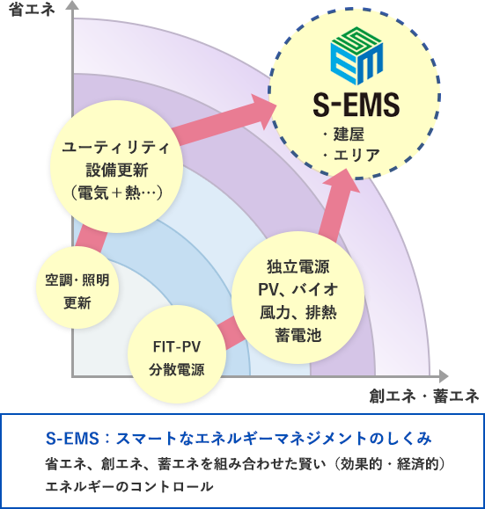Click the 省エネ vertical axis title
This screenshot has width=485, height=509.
[32, 10]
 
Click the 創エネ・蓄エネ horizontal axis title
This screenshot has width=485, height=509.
[424, 396]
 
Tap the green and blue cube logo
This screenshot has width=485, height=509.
[356, 55]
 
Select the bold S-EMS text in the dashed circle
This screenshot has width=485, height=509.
[356, 105]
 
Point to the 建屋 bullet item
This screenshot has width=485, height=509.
[344, 135]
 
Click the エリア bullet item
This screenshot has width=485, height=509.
[352, 155]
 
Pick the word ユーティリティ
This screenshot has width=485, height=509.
[116, 148]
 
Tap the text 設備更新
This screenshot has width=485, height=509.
[117, 170]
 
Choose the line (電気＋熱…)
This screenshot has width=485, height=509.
[116, 193]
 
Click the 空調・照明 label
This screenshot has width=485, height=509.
[77, 280]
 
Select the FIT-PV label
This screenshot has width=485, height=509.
[177, 347]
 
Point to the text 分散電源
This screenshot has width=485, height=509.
[177, 370]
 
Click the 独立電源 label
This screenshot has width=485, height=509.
[298, 267]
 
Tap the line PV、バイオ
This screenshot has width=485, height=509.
[298, 289]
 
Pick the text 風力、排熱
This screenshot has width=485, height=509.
[298, 312]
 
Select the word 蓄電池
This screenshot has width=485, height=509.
[298, 335]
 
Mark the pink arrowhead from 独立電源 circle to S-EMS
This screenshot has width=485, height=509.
[343, 181]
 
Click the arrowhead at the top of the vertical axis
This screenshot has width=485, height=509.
[72, 5]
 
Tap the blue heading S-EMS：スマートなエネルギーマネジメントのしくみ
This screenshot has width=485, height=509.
[239, 439]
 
